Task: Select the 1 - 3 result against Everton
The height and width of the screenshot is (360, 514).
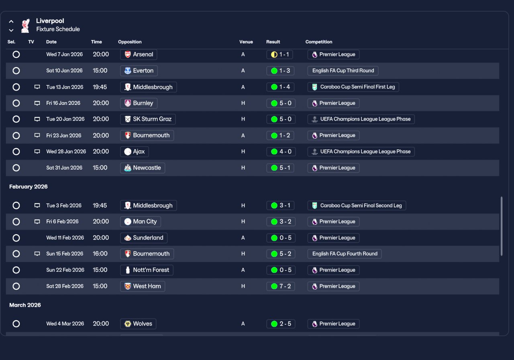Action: pyautogui.click(x=280, y=71)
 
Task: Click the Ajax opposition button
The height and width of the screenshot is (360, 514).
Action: pyautogui.click(x=135, y=151)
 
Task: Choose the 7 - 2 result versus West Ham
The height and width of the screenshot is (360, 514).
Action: pyautogui.click(x=280, y=286)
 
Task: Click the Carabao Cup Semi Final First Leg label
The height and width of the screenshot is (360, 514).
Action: pyautogui.click(x=353, y=87)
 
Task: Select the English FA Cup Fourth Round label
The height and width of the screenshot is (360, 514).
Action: pyautogui.click(x=345, y=254)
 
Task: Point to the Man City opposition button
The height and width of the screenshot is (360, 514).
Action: pyautogui.click(x=141, y=221)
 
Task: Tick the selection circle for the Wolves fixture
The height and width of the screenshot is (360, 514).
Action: pyautogui.click(x=16, y=324)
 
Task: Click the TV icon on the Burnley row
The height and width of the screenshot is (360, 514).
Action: pyautogui.click(x=37, y=103)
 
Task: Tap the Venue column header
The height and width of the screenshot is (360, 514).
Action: pyautogui.click(x=246, y=42)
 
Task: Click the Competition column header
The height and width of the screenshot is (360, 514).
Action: pyautogui.click(x=319, y=42)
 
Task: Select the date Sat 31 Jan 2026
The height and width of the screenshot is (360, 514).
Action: pyautogui.click(x=64, y=168)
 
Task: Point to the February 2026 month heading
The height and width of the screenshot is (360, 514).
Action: pyautogui.click(x=29, y=187)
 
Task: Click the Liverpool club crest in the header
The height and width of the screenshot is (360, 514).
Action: pyautogui.click(x=25, y=25)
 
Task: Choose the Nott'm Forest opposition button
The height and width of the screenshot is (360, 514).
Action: pyautogui.click(x=147, y=270)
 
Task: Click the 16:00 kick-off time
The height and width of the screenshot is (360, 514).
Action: pyautogui.click(x=100, y=254)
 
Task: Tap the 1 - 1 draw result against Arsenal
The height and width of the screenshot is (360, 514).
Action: pyautogui.click(x=280, y=55)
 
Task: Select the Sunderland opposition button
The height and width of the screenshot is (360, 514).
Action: pyautogui.click(x=144, y=238)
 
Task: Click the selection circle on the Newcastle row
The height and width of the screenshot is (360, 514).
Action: pyautogui.click(x=16, y=168)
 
